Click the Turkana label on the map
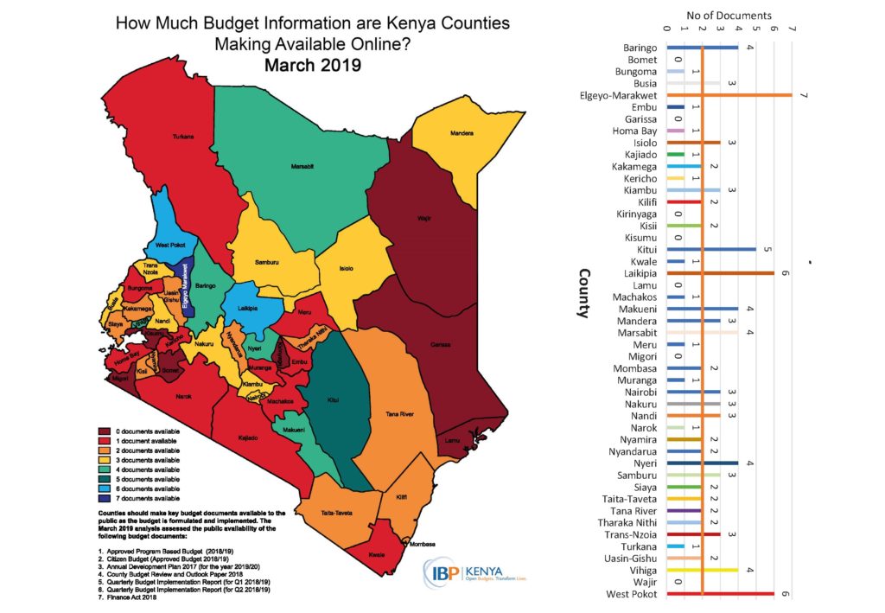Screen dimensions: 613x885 coord(181,136)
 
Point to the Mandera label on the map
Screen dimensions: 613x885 coord(463,132)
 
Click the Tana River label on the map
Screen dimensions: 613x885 coord(399,415)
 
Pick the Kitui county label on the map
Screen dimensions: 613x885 coord(334,400)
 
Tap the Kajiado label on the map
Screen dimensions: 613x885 coord(248,437)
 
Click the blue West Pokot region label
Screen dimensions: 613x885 coord(169,247)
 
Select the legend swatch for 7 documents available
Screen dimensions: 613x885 coord(104,499)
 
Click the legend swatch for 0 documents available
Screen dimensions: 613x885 coord(104,431)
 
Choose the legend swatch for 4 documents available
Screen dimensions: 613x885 coord(104,469)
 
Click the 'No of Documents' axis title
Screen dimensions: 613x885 coord(729,15)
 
